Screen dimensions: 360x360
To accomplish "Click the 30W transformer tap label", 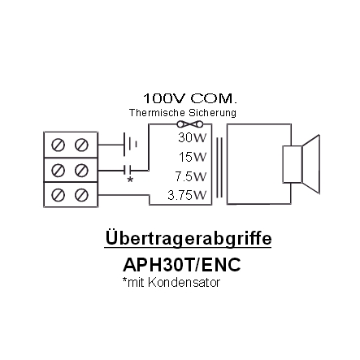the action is (x=193, y=137).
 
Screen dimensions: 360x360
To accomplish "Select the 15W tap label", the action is (x=193, y=157).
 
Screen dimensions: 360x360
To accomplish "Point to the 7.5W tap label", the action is (x=191, y=176).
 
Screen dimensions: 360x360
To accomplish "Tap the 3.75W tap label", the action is (x=187, y=195).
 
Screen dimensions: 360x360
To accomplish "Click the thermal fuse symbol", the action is (x=190, y=124).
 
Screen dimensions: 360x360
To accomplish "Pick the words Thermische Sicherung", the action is (x=183, y=113).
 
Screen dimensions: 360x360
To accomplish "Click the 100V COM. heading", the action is (x=190, y=98).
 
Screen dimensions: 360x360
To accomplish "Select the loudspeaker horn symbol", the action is (x=301, y=164).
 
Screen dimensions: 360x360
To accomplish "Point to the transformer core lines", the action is (x=219, y=168).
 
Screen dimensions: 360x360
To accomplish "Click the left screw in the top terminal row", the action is (x=58, y=145).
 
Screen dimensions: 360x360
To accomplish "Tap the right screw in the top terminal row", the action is (x=81, y=145).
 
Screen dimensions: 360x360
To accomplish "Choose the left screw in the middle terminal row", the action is (x=58, y=171).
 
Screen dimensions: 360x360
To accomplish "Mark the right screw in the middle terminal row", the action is (x=81, y=171).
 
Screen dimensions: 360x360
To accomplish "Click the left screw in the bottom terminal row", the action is (x=58, y=195).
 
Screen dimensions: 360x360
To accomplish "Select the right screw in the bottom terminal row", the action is (x=81, y=195).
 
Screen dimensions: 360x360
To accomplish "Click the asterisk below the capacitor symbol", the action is (x=130, y=180).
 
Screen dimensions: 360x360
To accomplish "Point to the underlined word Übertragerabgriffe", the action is (x=188, y=238).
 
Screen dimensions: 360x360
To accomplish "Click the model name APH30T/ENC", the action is (x=182, y=265).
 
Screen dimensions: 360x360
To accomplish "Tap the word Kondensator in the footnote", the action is (x=184, y=283).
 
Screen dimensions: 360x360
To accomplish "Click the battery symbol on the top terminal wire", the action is (x=130, y=145).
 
